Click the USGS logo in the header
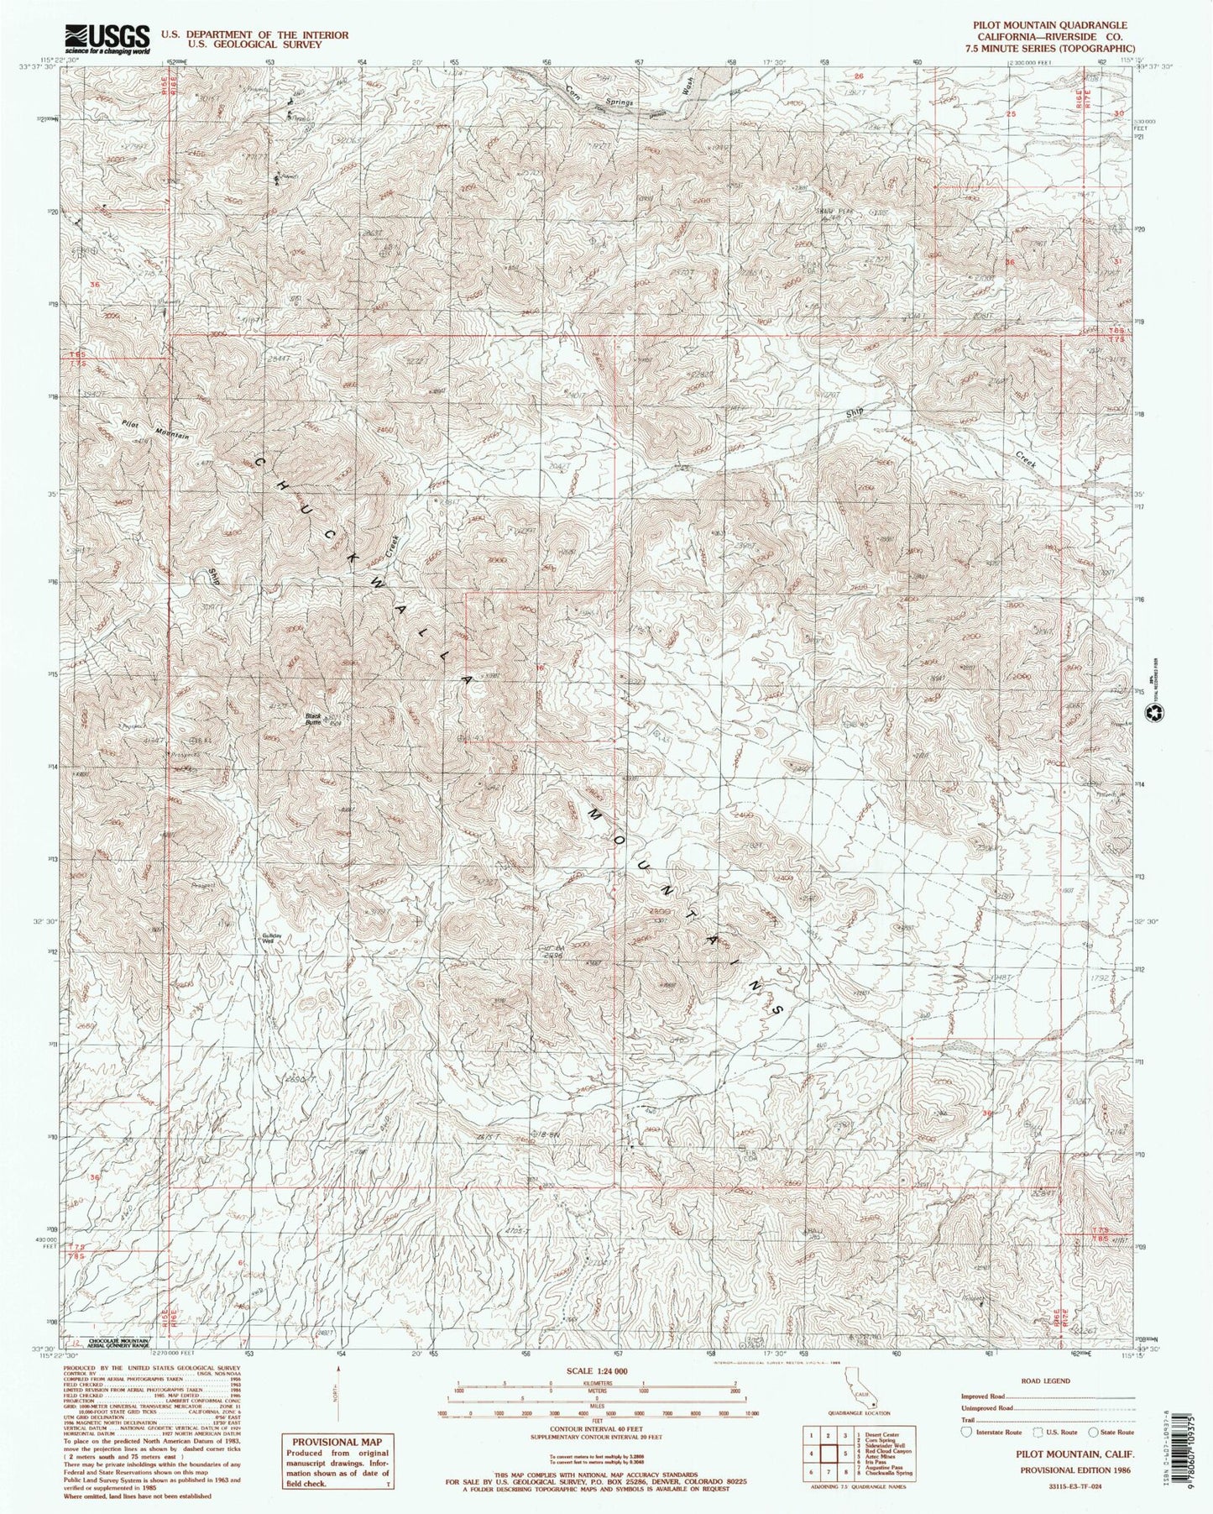[x=107, y=38]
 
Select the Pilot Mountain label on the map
[x=155, y=429]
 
